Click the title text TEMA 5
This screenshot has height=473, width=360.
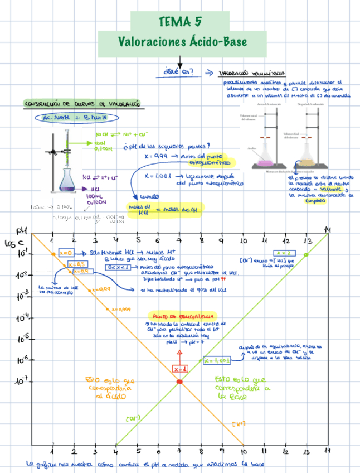[180, 22]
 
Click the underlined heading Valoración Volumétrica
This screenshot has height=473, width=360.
[252, 73]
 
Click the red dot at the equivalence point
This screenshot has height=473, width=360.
[179, 382]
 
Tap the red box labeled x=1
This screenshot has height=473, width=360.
[180, 369]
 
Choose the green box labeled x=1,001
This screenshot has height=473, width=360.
[217, 360]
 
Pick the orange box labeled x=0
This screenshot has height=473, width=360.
[66, 252]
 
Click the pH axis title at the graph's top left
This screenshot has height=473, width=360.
[21, 231]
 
